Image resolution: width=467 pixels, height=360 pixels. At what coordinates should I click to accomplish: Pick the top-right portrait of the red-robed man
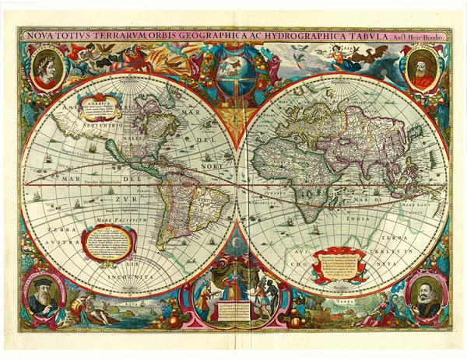tap(421, 68)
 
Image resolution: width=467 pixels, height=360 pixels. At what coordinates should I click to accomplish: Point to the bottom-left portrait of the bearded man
tap(45, 295)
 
